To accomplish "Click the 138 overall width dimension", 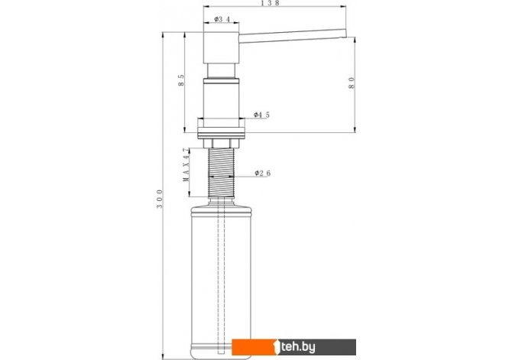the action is pos(271,3).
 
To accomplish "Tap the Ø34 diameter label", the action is pos(222,20).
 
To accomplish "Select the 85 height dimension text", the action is pos(181,80).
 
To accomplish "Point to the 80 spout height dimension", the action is pos(352,83).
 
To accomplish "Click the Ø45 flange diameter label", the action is pos(262,115).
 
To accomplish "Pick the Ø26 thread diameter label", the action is pos(263,174).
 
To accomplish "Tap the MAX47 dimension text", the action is pos(186,165).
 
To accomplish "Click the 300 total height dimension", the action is pos(160,199).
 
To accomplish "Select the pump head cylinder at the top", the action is pos(222,47).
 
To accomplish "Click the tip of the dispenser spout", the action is pos(345,33).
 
